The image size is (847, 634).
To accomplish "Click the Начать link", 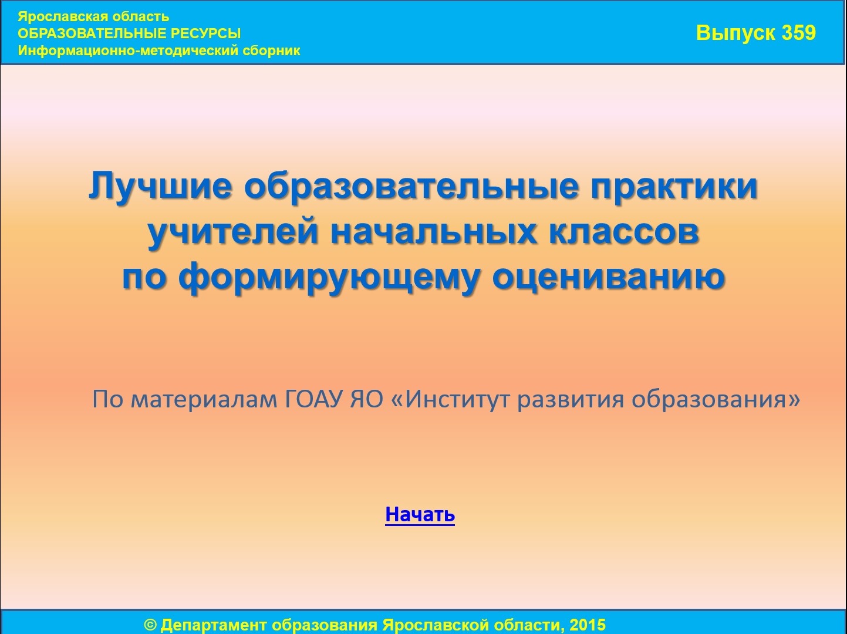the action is click(420, 514).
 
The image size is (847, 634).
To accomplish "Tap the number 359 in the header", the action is click(799, 33).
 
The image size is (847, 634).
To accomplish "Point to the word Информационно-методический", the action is click(129, 51).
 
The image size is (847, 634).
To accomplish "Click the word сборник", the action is click(271, 51).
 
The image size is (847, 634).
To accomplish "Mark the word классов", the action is click(624, 233).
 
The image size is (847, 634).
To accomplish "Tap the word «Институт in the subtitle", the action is click(451, 399).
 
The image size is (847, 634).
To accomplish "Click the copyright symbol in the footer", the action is click(150, 625).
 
